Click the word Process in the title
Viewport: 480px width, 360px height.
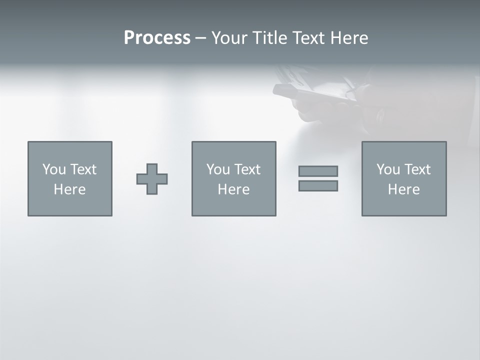pos(157,38)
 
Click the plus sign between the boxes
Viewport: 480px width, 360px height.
pos(152,179)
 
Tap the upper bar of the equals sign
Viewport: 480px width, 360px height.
pos(318,171)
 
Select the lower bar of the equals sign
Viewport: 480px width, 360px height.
pos(318,185)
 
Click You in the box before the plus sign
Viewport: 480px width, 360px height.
pos(54,169)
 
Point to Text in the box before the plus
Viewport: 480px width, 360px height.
pos(82,169)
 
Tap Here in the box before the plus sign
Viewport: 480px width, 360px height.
pos(69,189)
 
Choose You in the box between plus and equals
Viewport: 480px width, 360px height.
pos(218,169)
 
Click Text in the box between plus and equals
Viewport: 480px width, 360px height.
pos(246,169)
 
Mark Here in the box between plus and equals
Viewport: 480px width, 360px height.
pos(233,189)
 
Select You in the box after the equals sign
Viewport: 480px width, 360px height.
pos(388,169)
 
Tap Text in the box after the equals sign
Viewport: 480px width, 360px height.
pos(416,169)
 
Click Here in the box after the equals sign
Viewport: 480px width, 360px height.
pos(403,189)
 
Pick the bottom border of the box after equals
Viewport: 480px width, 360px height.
pos(404,215)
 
